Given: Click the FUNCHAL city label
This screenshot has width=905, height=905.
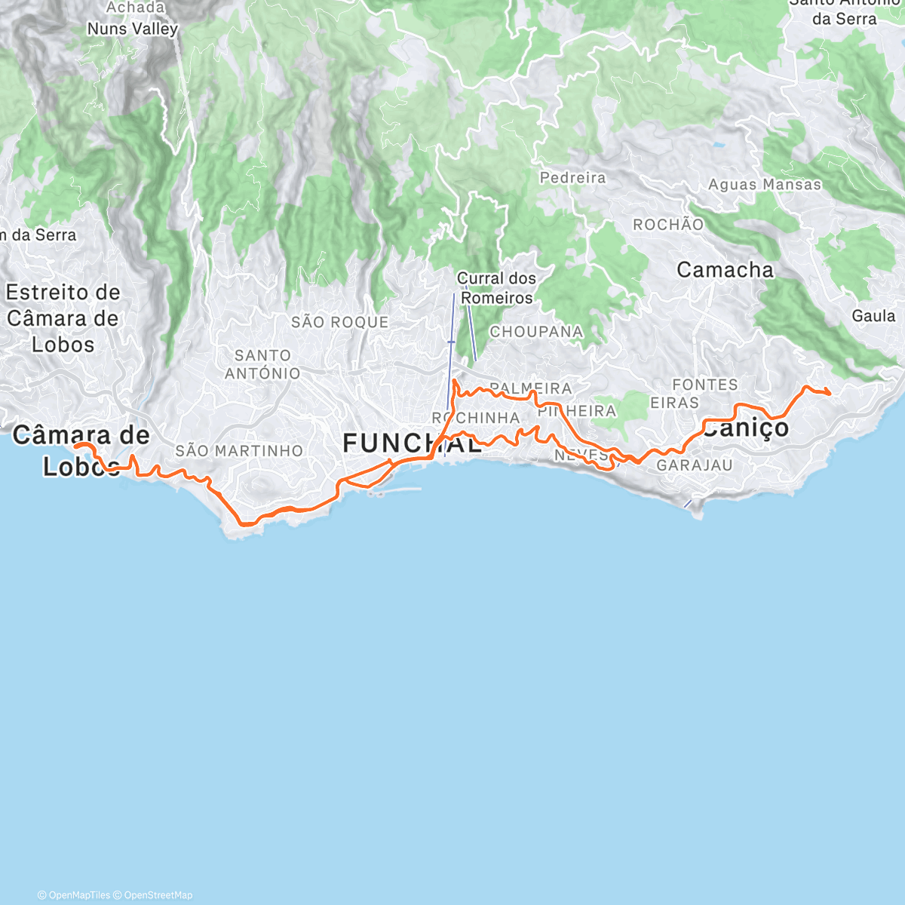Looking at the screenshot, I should click(x=412, y=443).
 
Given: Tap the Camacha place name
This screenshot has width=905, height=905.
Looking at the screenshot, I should click(x=725, y=270).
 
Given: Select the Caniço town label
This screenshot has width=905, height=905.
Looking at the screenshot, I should click(x=747, y=428).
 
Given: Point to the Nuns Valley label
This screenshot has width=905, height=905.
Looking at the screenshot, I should click(x=133, y=29).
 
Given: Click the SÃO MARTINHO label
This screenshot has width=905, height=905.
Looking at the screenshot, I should click(x=239, y=451).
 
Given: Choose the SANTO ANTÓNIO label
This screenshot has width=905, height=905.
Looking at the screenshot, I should click(x=262, y=364).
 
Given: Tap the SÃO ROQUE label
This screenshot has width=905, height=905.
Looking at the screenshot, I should click(x=340, y=322).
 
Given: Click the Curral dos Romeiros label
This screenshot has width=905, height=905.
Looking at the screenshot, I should click(x=497, y=288).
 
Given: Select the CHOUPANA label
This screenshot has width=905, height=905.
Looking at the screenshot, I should click(x=536, y=332).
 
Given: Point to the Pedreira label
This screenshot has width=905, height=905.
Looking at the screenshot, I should click(x=573, y=178).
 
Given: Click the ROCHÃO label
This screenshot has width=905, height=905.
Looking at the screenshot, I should click(x=668, y=225).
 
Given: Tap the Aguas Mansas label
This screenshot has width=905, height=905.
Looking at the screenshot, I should click(x=765, y=185).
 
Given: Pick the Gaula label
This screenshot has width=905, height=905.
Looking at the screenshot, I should click(x=873, y=316).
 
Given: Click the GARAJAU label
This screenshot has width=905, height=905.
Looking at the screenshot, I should click(x=694, y=465).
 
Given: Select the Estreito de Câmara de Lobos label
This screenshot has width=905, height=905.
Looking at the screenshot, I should click(x=63, y=318).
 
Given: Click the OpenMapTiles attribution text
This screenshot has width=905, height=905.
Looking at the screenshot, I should click(x=74, y=895).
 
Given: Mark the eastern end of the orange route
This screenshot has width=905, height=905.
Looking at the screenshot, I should click(x=830, y=393).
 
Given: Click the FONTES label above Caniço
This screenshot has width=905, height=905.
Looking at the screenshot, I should click(x=705, y=385).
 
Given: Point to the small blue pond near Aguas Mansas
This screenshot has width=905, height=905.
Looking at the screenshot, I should click(x=718, y=143).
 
